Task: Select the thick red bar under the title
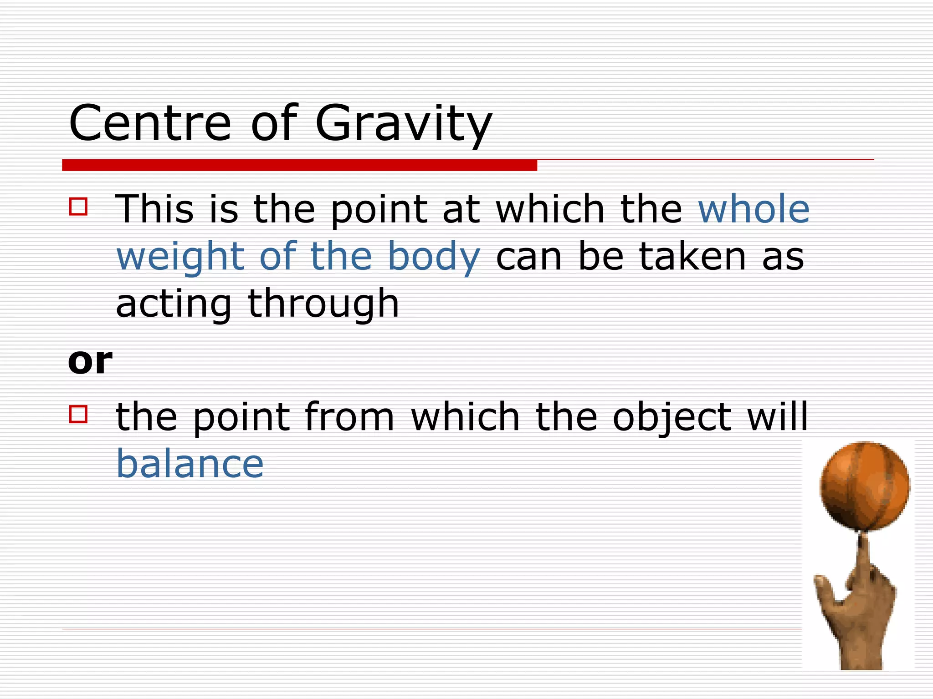tap(299, 165)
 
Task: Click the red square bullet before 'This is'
tap(78, 206)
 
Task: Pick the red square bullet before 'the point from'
tap(78, 414)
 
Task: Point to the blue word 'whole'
tap(754, 209)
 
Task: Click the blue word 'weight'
tap(180, 257)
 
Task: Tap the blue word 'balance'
tap(190, 464)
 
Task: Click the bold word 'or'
tap(90, 361)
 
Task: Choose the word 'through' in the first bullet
tap(323, 304)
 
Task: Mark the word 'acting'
tap(174, 304)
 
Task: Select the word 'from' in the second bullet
tap(349, 416)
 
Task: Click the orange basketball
tap(865, 486)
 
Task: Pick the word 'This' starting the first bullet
tap(154, 209)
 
